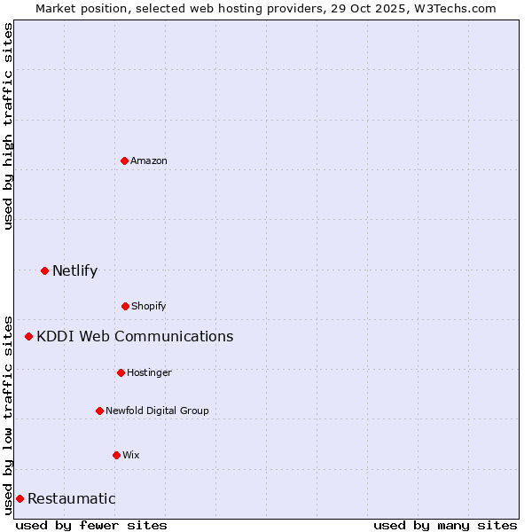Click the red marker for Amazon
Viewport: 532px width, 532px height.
(x=124, y=160)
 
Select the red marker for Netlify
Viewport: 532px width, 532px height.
(x=44, y=270)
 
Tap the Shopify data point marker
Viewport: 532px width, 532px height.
(x=125, y=306)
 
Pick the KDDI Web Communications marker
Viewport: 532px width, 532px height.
(x=28, y=336)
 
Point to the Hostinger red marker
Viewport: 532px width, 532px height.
(x=121, y=372)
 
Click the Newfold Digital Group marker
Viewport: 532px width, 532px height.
(x=99, y=411)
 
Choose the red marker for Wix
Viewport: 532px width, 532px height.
(x=116, y=455)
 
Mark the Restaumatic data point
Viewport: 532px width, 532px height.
(x=20, y=498)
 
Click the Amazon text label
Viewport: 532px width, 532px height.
(x=149, y=160)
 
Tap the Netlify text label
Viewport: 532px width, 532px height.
(x=74, y=270)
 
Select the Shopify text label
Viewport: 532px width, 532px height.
(x=149, y=306)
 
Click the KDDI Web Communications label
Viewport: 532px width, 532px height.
(x=135, y=336)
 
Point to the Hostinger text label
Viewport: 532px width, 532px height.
(x=149, y=372)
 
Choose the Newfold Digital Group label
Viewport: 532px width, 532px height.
(x=157, y=411)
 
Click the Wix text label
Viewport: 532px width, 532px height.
(x=131, y=455)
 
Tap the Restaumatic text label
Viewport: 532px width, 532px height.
(x=71, y=498)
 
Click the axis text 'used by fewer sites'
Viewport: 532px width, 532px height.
(x=91, y=525)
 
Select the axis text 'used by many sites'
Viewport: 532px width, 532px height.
(x=445, y=525)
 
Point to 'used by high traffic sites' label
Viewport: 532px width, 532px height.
(x=8, y=126)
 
